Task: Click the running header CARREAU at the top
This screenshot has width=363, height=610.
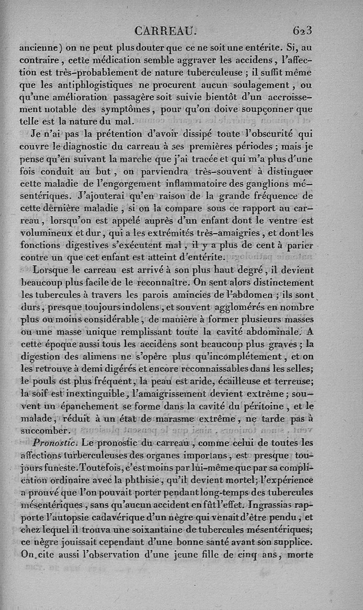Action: click(166, 31)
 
